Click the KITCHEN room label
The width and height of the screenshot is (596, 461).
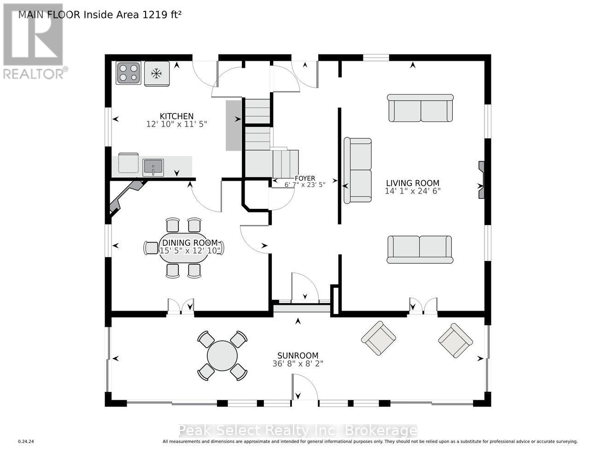(176, 116)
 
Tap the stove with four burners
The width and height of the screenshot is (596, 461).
(129, 73)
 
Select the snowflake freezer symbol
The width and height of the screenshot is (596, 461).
(157, 73)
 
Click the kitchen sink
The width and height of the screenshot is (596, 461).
(153, 167)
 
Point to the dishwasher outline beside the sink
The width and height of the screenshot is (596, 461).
(129, 163)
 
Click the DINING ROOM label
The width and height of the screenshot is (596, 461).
(190, 243)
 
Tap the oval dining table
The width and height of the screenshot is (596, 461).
(183, 248)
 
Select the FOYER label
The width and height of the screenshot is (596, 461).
(305, 178)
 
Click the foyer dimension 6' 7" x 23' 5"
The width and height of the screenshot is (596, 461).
(305, 185)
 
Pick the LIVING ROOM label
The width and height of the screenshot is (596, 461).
(413, 183)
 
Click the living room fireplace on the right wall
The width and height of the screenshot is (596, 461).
(481, 180)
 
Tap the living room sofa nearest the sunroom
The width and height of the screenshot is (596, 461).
(420, 249)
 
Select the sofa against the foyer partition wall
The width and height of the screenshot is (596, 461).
(358, 171)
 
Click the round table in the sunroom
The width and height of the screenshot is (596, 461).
(222, 356)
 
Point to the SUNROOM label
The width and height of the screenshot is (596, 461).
(298, 355)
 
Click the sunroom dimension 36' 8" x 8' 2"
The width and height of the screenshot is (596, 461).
(298, 364)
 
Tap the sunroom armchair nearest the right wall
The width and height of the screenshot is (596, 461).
(456, 341)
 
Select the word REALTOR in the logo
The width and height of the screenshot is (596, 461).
(33, 74)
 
